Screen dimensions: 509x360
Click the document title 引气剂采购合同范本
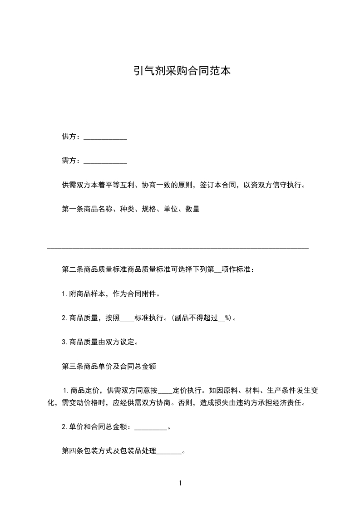tap(180, 71)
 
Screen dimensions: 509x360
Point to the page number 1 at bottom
tap(180, 483)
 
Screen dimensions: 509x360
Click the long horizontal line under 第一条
tap(178, 248)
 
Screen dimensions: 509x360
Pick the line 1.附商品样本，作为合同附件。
tap(111, 294)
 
